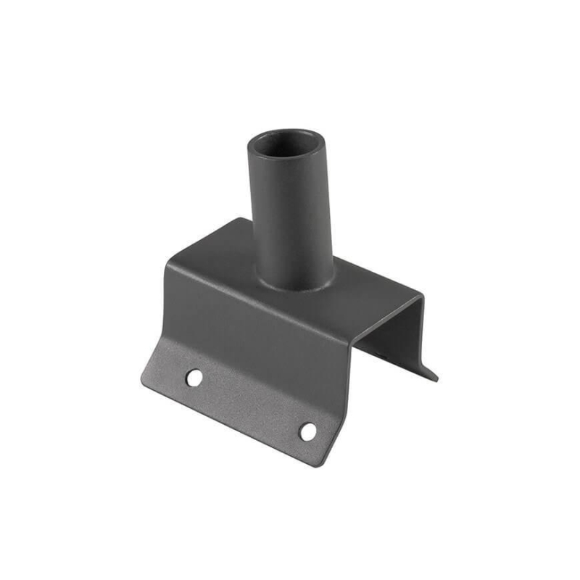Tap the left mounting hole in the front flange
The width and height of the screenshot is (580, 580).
click(194, 377)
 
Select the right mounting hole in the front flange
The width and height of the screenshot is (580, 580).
click(308, 431)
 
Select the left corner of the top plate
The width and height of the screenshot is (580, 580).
click(168, 264)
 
